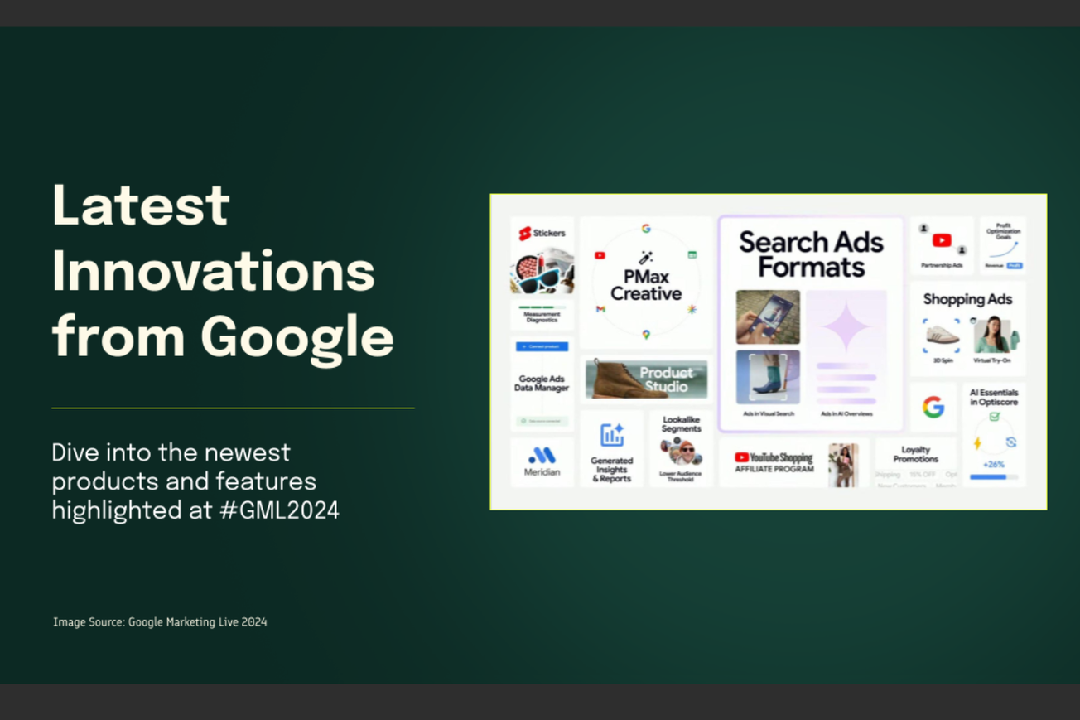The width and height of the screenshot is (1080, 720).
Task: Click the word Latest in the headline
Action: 140,205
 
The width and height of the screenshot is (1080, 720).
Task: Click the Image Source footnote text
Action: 160,621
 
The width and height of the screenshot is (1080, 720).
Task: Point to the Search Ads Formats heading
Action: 810,254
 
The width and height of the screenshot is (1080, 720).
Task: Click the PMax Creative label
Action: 646,286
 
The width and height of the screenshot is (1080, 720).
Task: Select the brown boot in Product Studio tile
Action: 616,378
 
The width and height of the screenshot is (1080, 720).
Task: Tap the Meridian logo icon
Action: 542,455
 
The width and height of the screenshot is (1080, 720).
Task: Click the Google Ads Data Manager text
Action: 542,384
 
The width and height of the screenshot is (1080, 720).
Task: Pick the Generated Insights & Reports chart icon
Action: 612,435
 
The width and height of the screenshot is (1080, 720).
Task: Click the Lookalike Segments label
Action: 681,424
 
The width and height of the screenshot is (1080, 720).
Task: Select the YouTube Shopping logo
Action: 774,457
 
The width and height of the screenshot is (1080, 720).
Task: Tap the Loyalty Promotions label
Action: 915,454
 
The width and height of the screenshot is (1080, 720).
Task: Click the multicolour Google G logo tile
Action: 933,407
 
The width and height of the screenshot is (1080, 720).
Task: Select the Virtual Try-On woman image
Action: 992,334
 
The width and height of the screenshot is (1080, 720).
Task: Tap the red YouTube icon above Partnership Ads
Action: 942,240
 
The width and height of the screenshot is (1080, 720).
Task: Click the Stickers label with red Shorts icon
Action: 542,234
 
